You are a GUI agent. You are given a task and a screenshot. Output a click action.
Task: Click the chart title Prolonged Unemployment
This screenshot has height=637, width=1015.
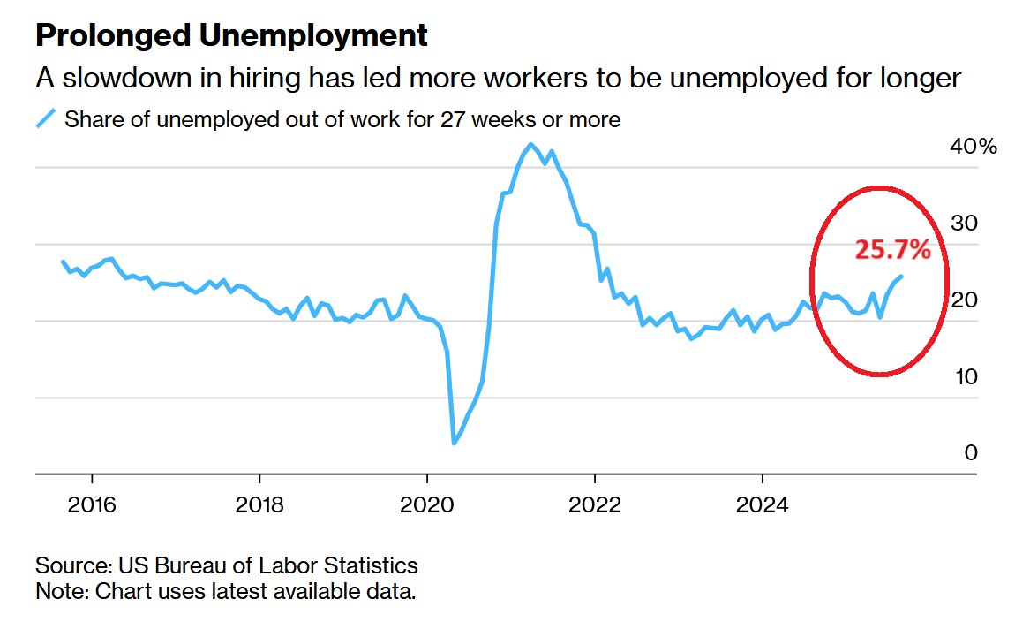coord(231,36)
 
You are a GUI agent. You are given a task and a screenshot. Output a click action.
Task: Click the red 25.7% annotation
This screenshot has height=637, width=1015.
coord(892,250)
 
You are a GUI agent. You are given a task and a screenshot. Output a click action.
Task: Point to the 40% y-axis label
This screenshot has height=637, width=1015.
coord(973,147)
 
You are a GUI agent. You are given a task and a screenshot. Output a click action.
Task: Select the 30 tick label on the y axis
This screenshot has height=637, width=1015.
coord(964,224)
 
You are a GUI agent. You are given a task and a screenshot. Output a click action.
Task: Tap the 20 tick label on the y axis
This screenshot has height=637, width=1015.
coord(964,300)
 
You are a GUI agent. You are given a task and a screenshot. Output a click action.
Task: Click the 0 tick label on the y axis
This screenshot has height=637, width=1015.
coord(971,453)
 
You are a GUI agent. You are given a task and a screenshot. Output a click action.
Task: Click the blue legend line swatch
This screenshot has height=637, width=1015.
coord(46,119)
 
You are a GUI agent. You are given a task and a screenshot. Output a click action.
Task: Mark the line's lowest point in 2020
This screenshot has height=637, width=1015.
coord(454,443)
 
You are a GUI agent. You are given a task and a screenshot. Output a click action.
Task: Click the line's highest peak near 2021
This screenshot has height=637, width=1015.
coord(530,144)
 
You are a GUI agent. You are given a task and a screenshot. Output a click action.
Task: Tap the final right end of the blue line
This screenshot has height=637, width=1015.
coord(900,277)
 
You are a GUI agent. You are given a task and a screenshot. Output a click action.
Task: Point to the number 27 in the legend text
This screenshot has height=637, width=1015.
coord(442,119)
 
